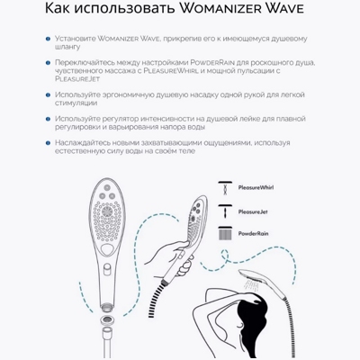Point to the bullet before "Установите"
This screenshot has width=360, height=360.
(45, 40)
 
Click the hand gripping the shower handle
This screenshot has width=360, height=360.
(170, 253)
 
